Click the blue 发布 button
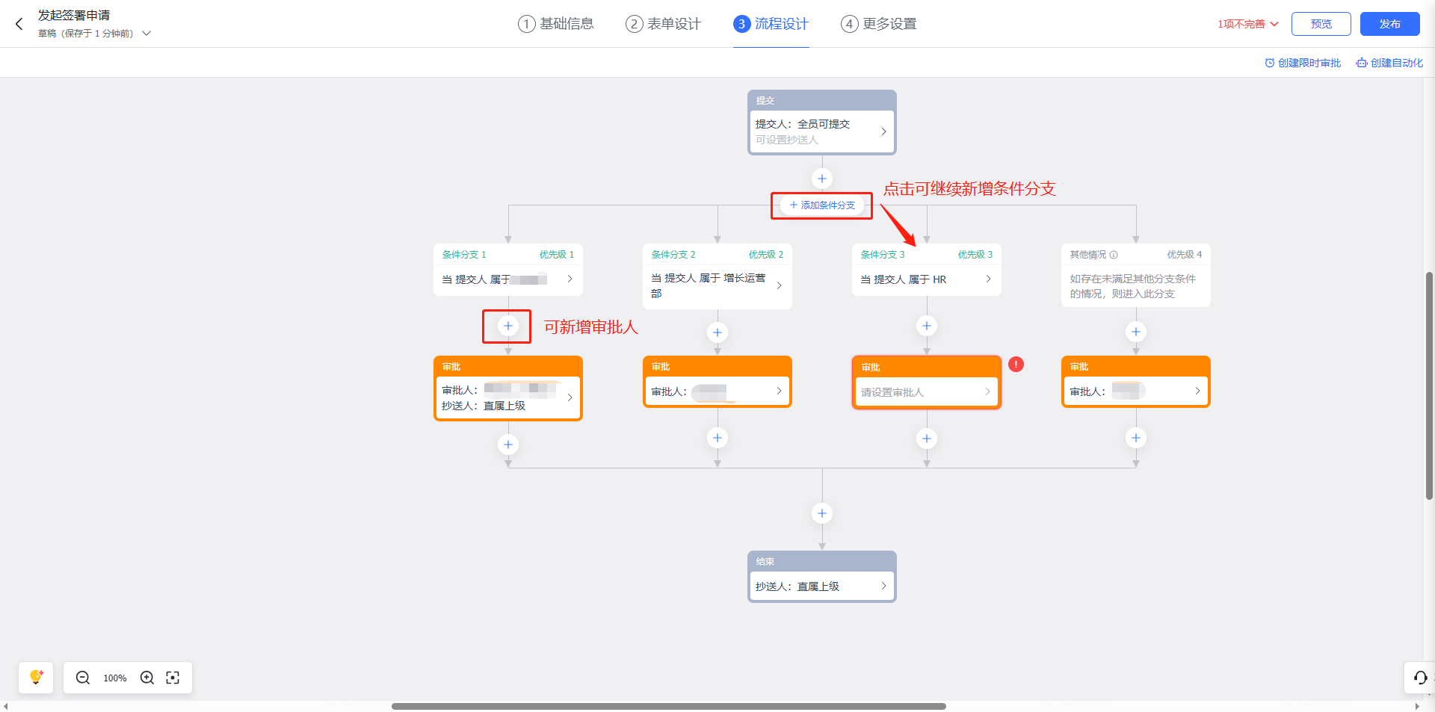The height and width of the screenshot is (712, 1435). (1389, 24)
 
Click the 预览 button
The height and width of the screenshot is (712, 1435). (1321, 24)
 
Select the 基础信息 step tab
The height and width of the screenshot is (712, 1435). (556, 24)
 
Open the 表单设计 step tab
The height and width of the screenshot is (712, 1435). (664, 24)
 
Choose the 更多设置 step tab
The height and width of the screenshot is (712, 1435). (879, 24)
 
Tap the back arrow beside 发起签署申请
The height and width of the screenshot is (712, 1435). (19, 24)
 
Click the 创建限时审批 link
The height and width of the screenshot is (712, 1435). (1303, 63)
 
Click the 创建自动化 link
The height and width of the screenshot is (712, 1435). (1390, 63)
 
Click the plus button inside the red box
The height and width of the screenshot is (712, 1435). (507, 326)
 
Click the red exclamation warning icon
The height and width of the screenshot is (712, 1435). (1016, 365)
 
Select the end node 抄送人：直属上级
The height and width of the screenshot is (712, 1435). (821, 586)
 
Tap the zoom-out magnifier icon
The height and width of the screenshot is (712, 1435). (83, 678)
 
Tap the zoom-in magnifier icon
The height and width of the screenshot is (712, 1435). (147, 678)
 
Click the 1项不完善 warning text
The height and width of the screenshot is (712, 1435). (1247, 24)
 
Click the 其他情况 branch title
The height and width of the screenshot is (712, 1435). (1088, 255)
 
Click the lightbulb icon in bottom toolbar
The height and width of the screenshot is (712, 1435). (36, 678)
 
